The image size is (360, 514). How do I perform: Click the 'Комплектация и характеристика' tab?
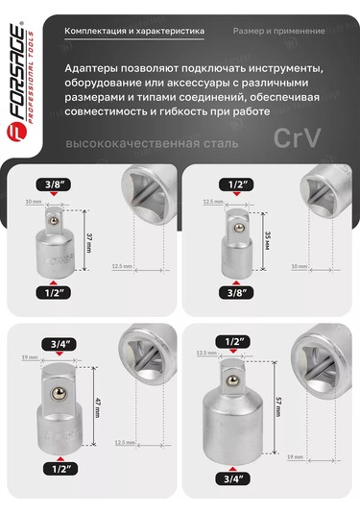coord(133,31)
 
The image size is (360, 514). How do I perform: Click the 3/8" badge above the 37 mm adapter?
coord(52,183)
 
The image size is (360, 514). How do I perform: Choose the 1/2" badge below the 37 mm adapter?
coord(52,292)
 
